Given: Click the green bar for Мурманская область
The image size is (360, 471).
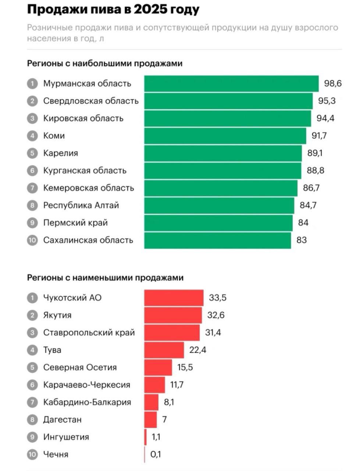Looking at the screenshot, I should point(231,84).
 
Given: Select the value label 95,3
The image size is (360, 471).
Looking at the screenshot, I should point(327,101).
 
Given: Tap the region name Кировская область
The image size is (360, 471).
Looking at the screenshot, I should point(83,118).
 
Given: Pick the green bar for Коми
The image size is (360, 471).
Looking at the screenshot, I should point(225,136).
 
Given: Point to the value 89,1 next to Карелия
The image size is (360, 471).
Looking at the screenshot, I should point(315,153).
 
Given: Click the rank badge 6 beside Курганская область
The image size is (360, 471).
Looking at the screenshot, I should point(32,171).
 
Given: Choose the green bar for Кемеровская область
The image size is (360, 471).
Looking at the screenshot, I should point(221,188).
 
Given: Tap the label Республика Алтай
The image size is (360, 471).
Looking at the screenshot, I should point(81,205).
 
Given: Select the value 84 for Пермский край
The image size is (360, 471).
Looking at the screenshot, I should point(303,223).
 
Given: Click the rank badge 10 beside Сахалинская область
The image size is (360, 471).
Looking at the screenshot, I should point(32,240).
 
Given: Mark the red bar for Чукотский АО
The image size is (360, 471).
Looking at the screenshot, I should point(174,298).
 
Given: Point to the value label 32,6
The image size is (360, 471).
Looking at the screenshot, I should point(216,315).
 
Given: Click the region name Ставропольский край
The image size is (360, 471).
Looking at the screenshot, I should point(89,333).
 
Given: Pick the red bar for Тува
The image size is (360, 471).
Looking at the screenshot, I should point(164,350).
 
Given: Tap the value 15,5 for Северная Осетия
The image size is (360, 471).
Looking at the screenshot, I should point(185,367).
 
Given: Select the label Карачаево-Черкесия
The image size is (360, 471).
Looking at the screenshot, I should point(86,385).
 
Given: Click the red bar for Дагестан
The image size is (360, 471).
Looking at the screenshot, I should point(150,419).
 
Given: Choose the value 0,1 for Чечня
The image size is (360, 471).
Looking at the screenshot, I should point(156,454).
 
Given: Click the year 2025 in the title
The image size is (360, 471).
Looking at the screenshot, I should point(150,10).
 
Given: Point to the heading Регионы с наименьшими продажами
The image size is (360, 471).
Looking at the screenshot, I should point(105,278).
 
